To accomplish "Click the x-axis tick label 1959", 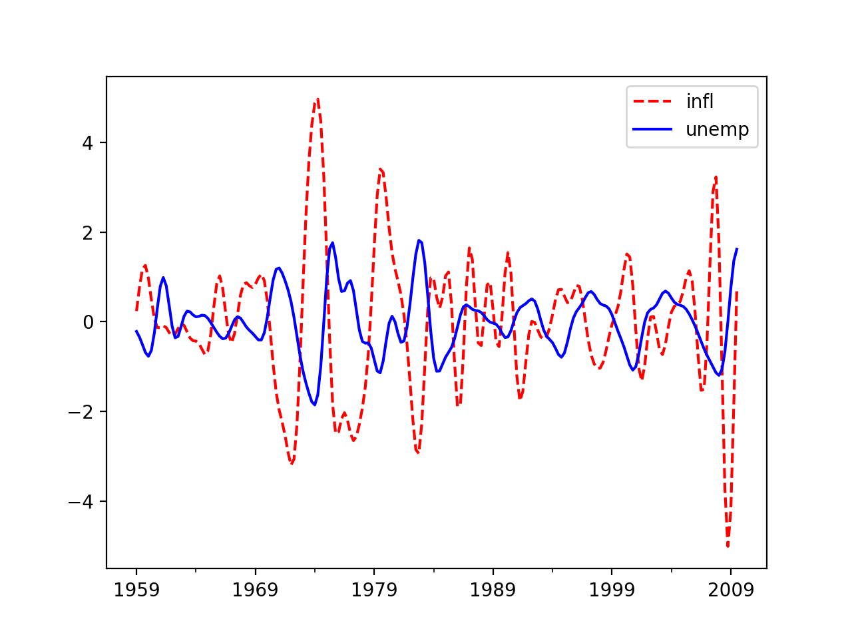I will point(136,590).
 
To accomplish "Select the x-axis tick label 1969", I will point(255,590).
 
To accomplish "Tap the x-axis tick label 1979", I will point(374,590).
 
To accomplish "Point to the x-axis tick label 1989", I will point(493,590).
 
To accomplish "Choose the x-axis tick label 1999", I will point(612,590).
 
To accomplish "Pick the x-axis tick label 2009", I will point(730,590).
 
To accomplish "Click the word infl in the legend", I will point(700,102).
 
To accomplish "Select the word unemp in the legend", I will point(717,129).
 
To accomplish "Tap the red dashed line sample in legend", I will point(652,102).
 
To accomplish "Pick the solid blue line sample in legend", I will point(652,129).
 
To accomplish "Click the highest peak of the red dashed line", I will point(318,99).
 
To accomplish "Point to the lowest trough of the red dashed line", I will point(728,546).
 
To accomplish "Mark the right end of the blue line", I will point(737,249).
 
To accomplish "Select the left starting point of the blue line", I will point(136,331).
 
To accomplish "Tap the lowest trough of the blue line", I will point(315,405).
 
